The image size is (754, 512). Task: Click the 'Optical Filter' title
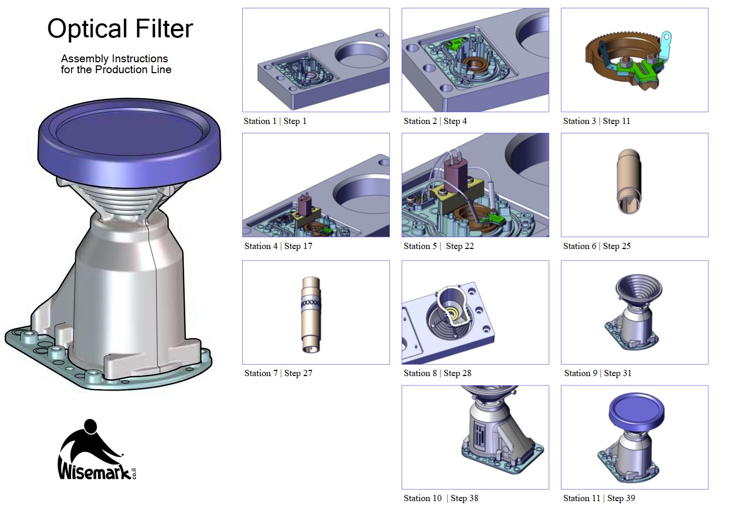[x=120, y=29]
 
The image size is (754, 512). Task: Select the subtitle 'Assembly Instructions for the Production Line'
[x=115, y=64]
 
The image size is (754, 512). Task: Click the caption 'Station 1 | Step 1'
[x=275, y=121]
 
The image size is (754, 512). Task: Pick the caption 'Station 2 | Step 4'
[x=435, y=121]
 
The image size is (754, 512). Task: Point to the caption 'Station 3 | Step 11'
[x=596, y=121]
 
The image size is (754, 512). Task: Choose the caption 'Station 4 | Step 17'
[x=278, y=246]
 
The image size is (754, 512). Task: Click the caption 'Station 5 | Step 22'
[x=438, y=246]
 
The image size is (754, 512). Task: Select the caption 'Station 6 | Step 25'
[x=597, y=246]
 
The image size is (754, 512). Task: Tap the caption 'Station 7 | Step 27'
[x=278, y=373]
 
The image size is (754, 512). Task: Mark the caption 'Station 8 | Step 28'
[x=437, y=373]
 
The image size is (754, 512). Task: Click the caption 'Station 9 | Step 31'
[x=597, y=373]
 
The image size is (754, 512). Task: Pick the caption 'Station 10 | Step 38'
[x=441, y=499]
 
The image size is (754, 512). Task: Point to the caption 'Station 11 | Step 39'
[x=599, y=499]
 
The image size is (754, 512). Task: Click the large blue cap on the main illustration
[x=130, y=140]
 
